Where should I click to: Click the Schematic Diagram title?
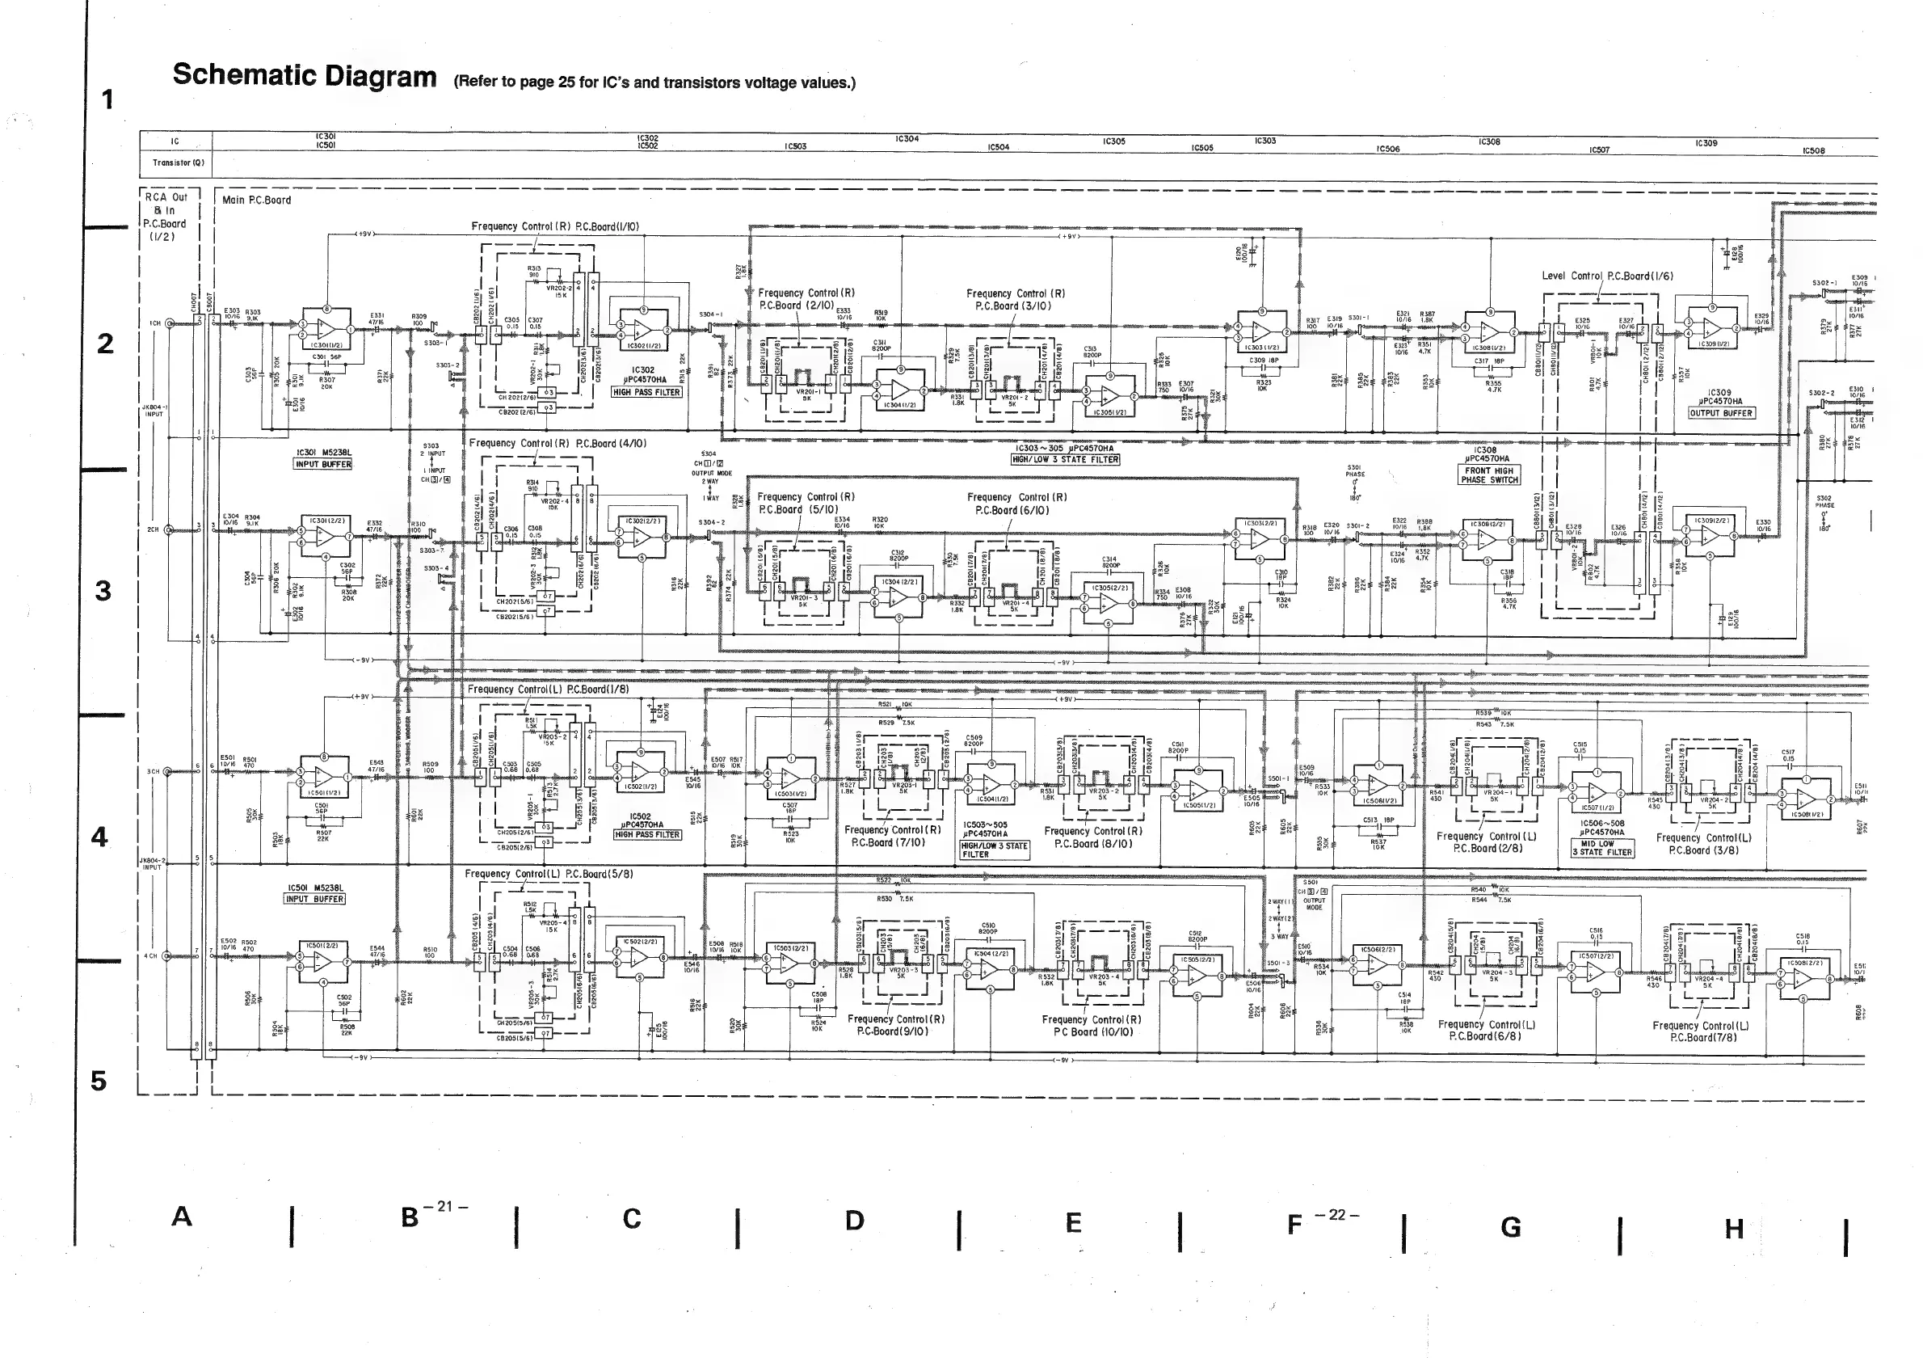(x=304, y=75)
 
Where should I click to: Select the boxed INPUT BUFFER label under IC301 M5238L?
(x=323, y=464)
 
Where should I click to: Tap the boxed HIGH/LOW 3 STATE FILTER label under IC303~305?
(x=1066, y=459)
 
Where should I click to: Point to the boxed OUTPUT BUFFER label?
(x=1720, y=412)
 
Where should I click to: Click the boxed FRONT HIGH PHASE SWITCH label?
(x=1490, y=475)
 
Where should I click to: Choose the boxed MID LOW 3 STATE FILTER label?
(x=1602, y=848)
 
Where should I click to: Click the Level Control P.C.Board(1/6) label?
(x=1607, y=276)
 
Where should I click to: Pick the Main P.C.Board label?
(x=256, y=200)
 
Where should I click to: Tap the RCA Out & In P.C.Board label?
(x=166, y=216)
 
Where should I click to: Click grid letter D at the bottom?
(x=854, y=1221)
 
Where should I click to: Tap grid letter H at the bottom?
(x=1734, y=1229)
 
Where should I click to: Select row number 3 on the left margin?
(x=103, y=591)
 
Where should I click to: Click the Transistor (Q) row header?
(x=175, y=162)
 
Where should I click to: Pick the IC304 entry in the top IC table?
(x=907, y=139)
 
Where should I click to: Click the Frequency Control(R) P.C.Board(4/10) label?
(x=557, y=443)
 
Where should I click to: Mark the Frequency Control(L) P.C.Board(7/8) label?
(x=1700, y=1031)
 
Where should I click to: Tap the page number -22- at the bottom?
(x=1336, y=1215)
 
